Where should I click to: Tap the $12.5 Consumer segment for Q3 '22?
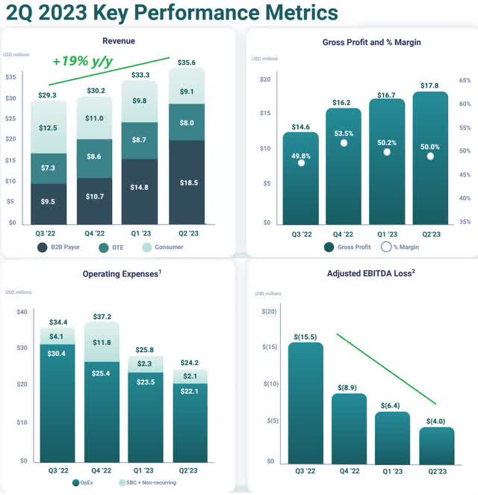coord(49,128)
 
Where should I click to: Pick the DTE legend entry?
coord(113,245)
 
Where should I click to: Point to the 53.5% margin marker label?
coord(344,133)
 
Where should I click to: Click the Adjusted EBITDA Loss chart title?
coord(370,273)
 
